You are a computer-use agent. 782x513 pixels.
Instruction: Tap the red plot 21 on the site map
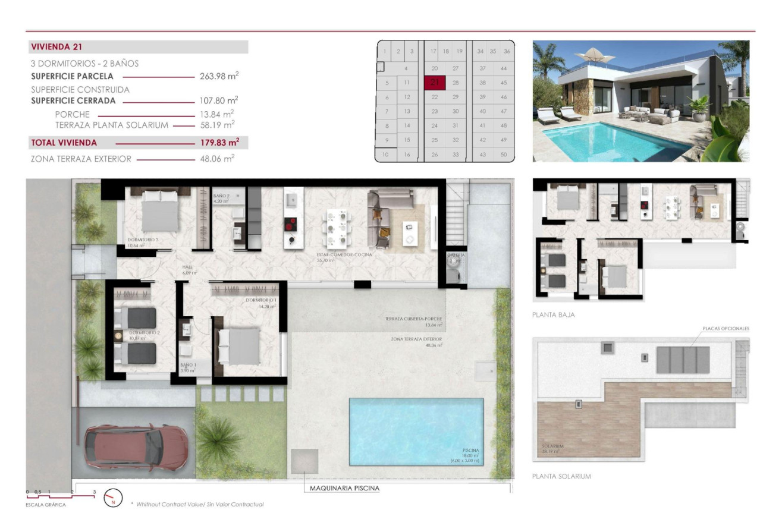(x=434, y=83)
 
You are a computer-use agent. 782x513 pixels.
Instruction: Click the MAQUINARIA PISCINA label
(x=344, y=488)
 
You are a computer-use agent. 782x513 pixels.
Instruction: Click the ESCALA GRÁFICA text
(x=46, y=505)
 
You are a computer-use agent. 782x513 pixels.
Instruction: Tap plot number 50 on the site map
(x=504, y=155)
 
